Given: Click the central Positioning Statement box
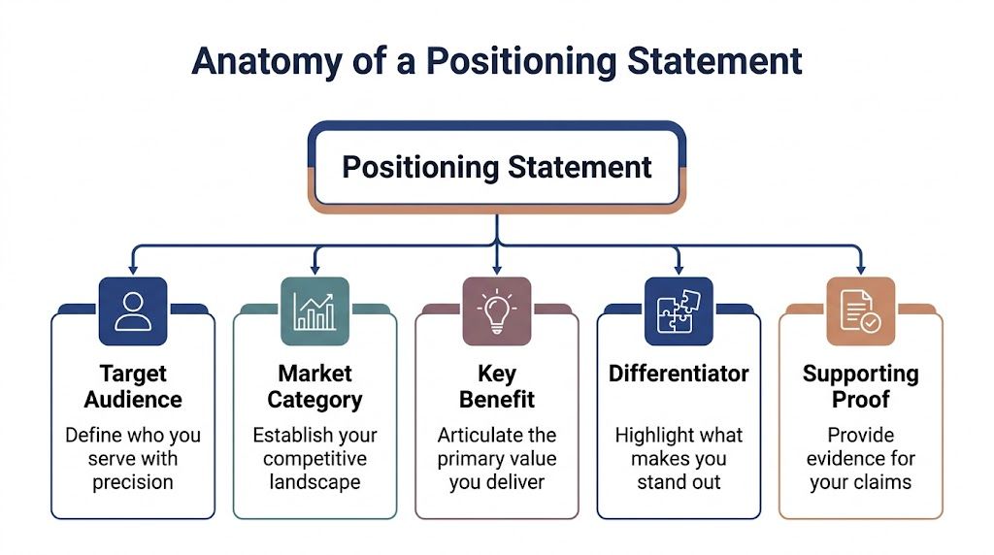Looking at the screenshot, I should click(497, 166).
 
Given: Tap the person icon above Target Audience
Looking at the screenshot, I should click(133, 310).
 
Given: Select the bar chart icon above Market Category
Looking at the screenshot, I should click(315, 310).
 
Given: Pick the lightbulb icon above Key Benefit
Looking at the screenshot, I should click(497, 310).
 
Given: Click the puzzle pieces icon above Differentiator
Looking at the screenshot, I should click(679, 310).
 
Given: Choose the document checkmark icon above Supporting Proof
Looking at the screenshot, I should click(860, 310).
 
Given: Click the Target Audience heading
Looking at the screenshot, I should click(133, 386).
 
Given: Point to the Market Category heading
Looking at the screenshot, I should click(315, 386).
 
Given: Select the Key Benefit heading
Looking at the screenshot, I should click(497, 386).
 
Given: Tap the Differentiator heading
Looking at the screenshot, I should click(679, 374).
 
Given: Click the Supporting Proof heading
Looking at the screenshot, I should click(860, 386).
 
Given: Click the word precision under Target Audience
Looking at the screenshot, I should click(133, 482).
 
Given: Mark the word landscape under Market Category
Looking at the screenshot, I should click(315, 482).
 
